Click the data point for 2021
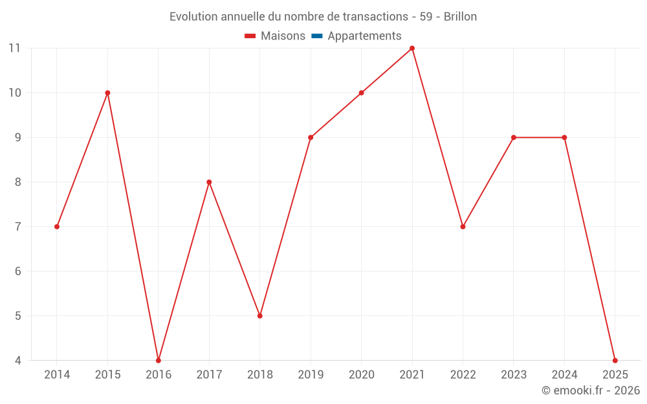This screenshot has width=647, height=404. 412,48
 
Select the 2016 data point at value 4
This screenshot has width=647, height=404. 159,360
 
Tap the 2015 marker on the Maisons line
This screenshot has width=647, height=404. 107,93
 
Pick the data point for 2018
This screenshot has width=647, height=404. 260,316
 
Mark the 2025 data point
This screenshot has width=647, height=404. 615,360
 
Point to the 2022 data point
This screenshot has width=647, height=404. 463,227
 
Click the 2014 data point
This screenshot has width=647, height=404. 57,227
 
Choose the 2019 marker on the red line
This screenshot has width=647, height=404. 311,138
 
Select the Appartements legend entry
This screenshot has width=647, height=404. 364,36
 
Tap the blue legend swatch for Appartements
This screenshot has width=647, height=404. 316,36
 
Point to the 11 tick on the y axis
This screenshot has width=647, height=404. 14,48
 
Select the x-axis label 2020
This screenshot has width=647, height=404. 361,375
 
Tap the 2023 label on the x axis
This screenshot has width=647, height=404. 513,375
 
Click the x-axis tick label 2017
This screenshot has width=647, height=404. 209,375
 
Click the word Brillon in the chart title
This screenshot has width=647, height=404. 460,17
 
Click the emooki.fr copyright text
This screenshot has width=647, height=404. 590,390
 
